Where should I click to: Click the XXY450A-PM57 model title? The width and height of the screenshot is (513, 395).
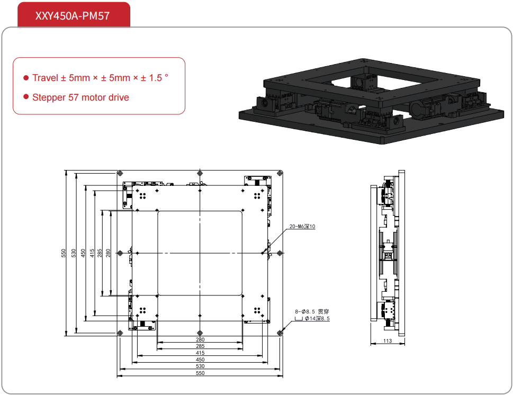click(73, 15)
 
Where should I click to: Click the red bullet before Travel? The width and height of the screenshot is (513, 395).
click(25, 78)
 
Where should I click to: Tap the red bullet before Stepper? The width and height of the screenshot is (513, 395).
click(25, 97)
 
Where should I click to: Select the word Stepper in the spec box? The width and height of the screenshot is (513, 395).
click(48, 97)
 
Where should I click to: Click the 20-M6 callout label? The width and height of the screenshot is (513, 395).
click(302, 227)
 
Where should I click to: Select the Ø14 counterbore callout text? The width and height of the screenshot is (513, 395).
click(317, 319)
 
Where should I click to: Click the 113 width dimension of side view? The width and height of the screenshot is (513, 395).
click(387, 341)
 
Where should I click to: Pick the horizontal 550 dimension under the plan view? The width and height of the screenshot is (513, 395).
click(200, 373)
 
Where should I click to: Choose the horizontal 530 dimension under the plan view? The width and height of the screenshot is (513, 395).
click(200, 366)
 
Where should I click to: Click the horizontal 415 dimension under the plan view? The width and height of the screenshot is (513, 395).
click(200, 353)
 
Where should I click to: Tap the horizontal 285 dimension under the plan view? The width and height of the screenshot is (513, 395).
click(200, 346)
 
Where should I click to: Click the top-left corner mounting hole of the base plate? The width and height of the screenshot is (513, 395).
click(120, 174)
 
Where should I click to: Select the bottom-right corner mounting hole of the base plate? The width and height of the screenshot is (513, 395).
click(280, 333)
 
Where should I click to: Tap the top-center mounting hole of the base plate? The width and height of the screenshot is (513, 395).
click(200, 174)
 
